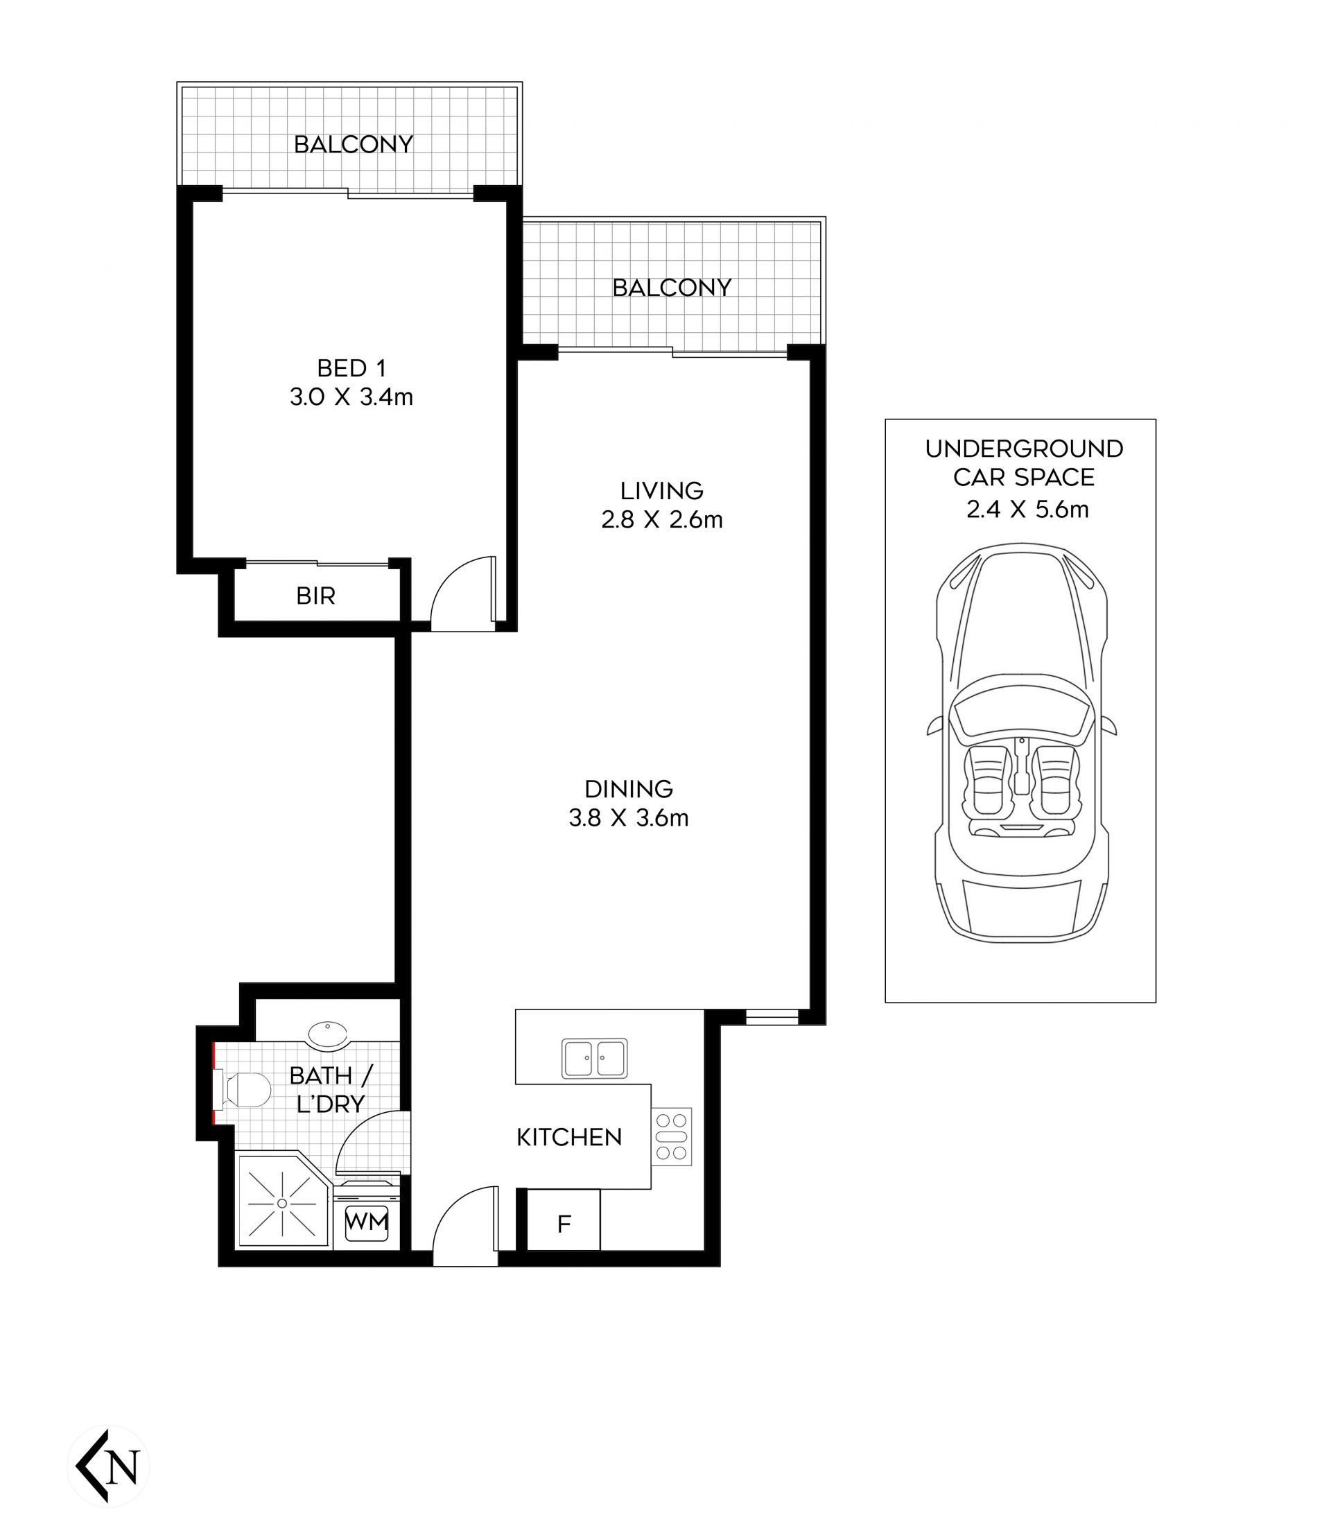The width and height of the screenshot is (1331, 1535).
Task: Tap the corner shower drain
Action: click(282, 1204)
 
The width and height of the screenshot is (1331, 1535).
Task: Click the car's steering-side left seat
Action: click(988, 781)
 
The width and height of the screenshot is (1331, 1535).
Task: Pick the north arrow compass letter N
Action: click(123, 1466)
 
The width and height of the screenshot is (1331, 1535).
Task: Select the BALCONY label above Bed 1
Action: click(354, 144)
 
